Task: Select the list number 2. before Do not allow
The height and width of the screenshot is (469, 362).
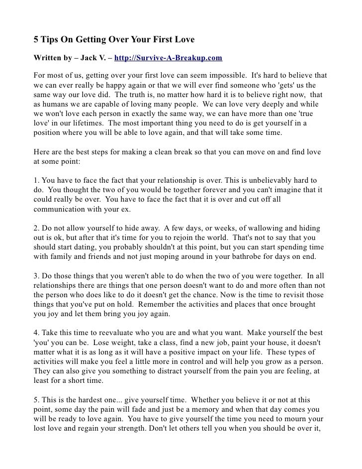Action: [36, 228]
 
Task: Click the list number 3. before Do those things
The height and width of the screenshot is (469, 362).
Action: [36, 275]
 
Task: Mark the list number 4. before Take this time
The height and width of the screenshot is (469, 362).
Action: [36, 333]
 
